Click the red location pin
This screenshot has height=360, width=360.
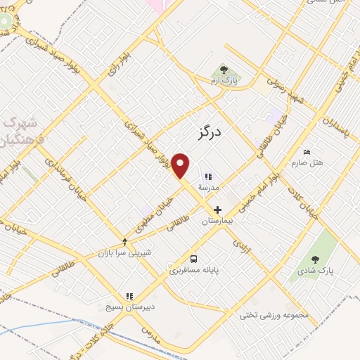181,166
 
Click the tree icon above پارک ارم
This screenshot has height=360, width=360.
224,70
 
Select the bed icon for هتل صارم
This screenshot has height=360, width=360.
306,152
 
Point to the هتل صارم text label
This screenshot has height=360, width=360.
308,163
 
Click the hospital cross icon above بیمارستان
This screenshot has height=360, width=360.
217,210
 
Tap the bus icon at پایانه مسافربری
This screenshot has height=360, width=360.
193,258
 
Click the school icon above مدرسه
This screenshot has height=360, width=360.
207,176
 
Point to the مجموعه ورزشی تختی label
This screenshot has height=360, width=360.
274,315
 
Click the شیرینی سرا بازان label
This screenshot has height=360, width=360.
124,252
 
